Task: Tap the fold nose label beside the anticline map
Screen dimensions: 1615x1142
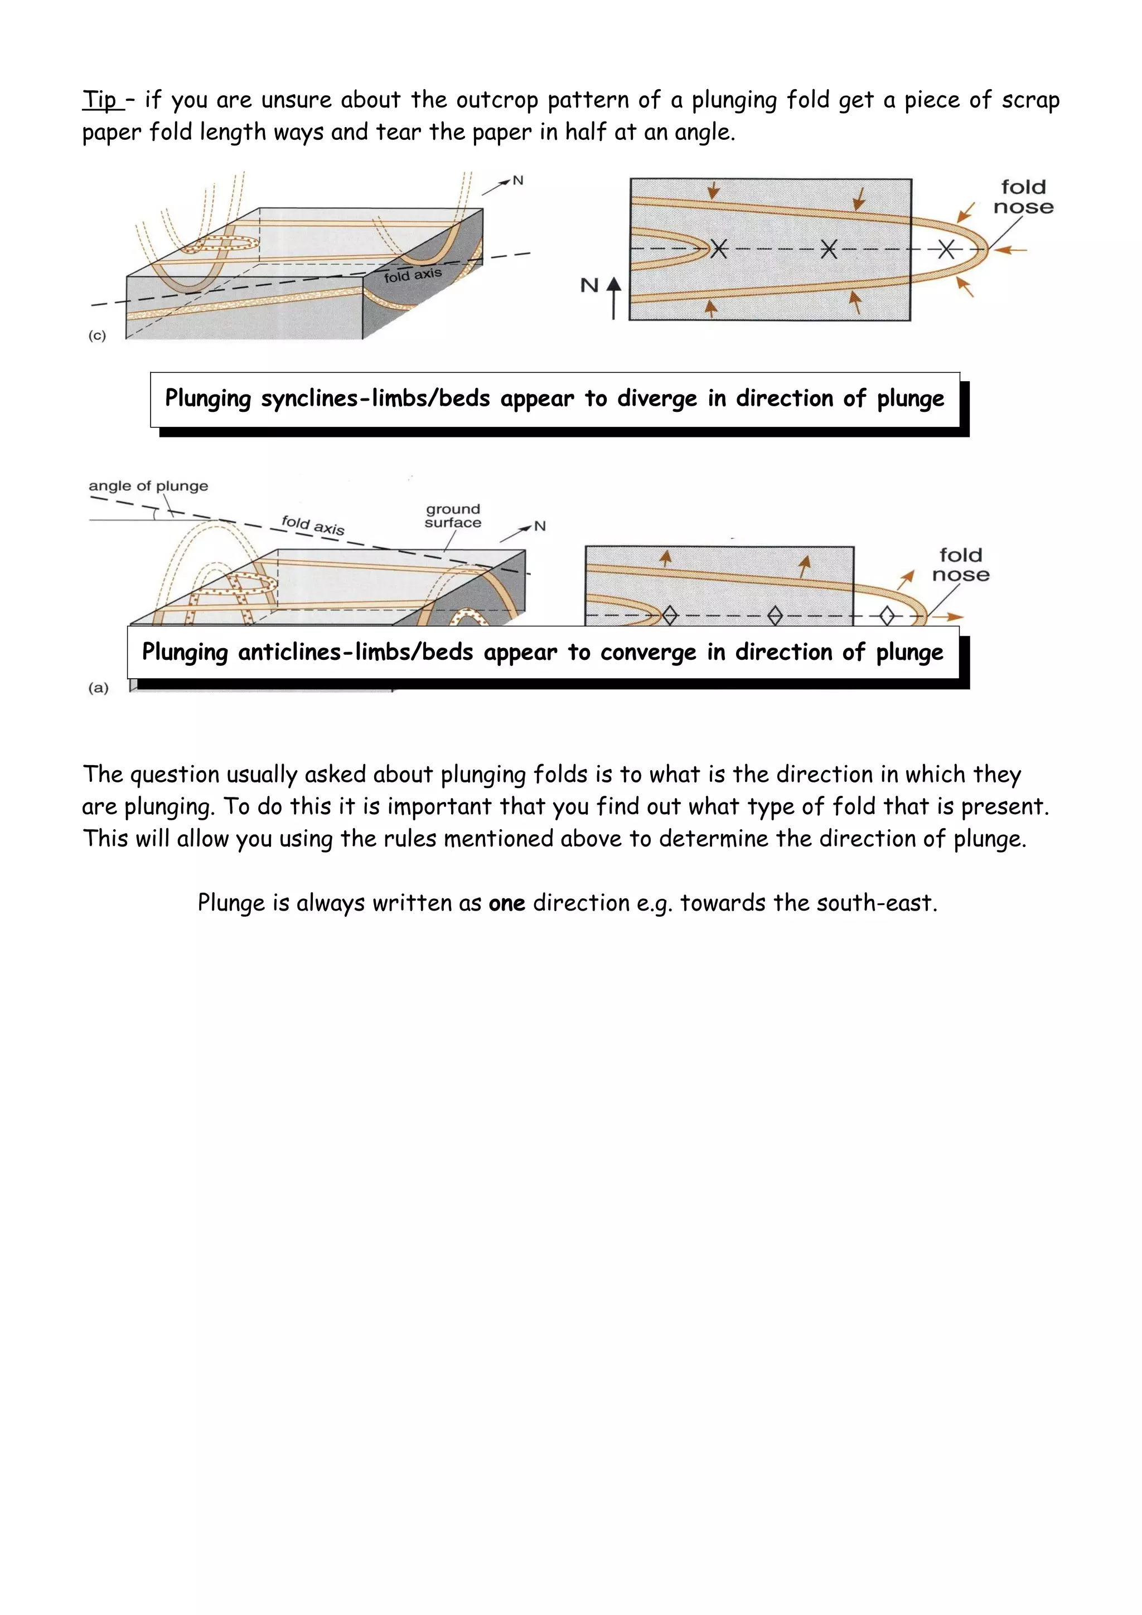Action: pyautogui.click(x=960, y=565)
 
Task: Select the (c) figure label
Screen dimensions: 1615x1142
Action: pyautogui.click(x=97, y=335)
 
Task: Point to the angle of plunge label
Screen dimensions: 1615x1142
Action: pyautogui.click(x=148, y=486)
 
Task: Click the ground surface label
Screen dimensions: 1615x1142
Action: pyautogui.click(x=452, y=515)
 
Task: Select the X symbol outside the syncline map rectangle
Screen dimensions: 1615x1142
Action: pyautogui.click(x=946, y=249)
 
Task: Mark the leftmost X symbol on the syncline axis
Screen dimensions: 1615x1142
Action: pyautogui.click(x=718, y=249)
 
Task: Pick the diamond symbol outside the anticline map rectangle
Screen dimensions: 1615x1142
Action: pyautogui.click(x=887, y=616)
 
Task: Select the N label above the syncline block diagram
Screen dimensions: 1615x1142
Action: pyautogui.click(x=518, y=181)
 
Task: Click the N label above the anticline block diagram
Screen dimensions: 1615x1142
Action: pyautogui.click(x=540, y=526)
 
